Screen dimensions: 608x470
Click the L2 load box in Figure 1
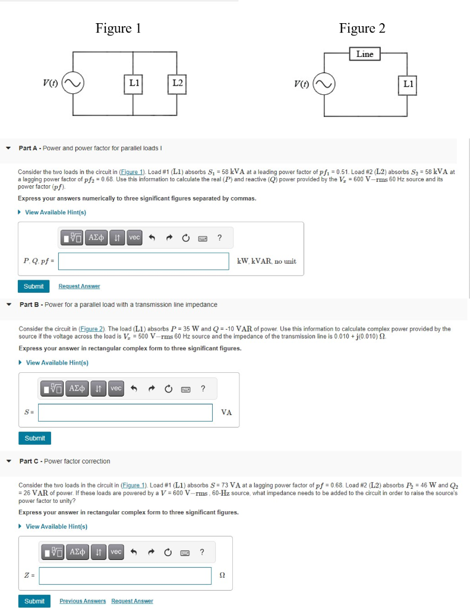click(177, 83)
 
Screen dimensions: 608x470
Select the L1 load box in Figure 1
click(134, 83)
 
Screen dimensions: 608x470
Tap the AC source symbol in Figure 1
click(73, 83)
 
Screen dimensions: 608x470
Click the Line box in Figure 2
click(365, 54)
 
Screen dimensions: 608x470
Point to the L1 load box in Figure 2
click(408, 84)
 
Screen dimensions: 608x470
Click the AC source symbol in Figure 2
click(324, 84)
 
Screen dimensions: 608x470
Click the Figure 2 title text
click(362, 28)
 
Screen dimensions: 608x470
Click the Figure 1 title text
click(118, 28)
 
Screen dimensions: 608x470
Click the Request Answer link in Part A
click(79, 286)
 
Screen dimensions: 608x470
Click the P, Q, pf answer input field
click(143, 261)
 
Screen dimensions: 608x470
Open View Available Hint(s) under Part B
click(57, 363)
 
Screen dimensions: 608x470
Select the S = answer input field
click(125, 413)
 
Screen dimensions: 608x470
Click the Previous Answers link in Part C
click(83, 601)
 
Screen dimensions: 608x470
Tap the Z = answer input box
click(125, 575)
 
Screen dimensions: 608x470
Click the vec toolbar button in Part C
click(116, 552)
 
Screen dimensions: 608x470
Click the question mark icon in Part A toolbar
click(219, 237)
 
